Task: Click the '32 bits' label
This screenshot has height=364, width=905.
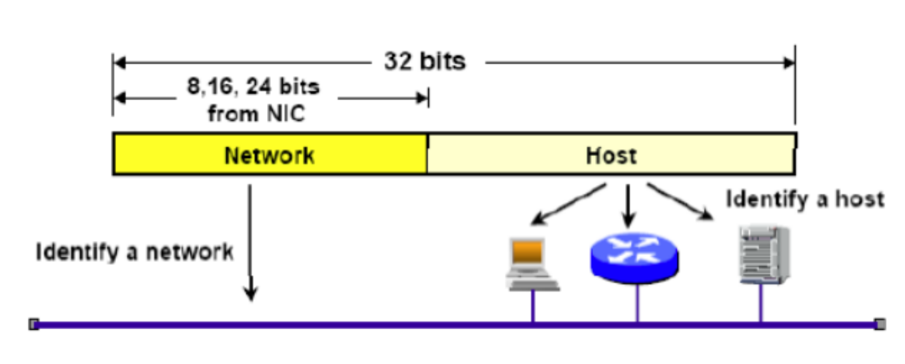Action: (x=424, y=62)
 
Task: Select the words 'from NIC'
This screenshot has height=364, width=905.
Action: (x=256, y=114)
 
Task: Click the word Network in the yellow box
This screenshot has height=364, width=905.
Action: (x=269, y=155)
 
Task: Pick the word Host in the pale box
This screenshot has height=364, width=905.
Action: (x=611, y=155)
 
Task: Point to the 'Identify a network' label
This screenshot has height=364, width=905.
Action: (x=134, y=252)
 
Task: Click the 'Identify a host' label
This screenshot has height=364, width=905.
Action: (x=804, y=199)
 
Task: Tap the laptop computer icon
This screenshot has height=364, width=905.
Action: (x=531, y=264)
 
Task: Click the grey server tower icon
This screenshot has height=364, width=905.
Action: (x=763, y=254)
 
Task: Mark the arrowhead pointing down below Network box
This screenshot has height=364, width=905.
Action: (x=251, y=293)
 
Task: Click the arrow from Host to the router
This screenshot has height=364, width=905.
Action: (x=628, y=206)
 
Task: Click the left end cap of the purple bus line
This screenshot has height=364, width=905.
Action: (x=34, y=324)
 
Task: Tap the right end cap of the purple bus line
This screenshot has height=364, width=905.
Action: (x=879, y=324)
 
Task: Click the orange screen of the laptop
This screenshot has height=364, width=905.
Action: (x=528, y=252)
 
